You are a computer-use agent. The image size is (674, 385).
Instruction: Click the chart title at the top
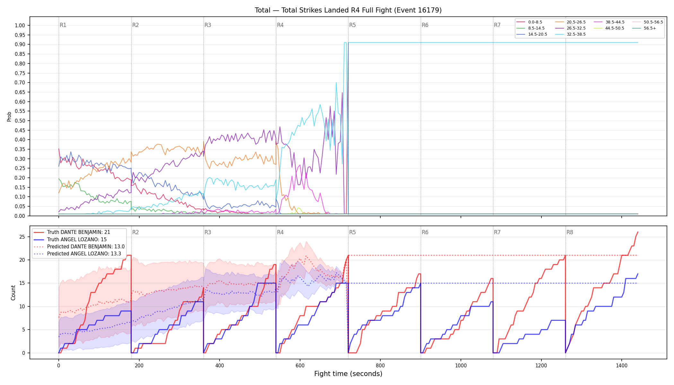tap(348, 10)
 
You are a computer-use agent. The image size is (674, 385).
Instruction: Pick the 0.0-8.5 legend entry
tap(529, 22)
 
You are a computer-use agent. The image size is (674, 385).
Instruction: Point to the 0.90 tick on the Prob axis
tap(20, 44)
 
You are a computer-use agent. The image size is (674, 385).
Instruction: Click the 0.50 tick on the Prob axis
tap(20, 121)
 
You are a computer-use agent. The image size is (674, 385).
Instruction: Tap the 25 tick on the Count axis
tap(22, 237)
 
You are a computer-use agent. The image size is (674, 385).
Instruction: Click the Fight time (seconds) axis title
tap(348, 374)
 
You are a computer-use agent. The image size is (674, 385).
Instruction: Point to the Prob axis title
tap(9, 116)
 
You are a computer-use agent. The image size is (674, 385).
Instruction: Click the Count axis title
tap(13, 293)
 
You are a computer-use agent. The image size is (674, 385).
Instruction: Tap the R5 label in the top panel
tap(352, 25)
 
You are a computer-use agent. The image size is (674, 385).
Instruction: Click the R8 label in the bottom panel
tap(570, 232)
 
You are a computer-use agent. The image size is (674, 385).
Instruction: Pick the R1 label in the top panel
tap(63, 25)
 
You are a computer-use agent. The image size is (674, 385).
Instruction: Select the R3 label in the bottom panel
tap(208, 232)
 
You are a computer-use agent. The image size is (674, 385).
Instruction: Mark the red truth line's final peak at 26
tap(638, 232)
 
